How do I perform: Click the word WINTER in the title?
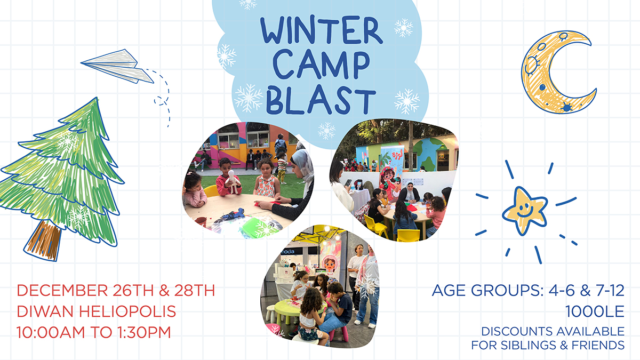point(322,30)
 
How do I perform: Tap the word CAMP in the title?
point(321,65)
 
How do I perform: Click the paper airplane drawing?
point(117,66)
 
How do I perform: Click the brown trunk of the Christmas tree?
point(44,241)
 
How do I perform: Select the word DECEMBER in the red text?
point(62,291)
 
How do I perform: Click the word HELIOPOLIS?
point(127,311)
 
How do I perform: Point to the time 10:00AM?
point(51,333)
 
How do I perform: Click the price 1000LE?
point(595,311)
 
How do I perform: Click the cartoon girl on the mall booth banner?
point(330,265)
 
